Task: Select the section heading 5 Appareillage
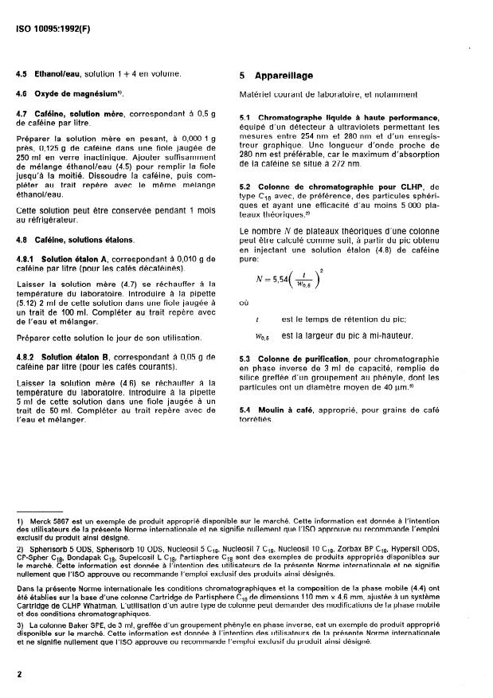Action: (x=276, y=76)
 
